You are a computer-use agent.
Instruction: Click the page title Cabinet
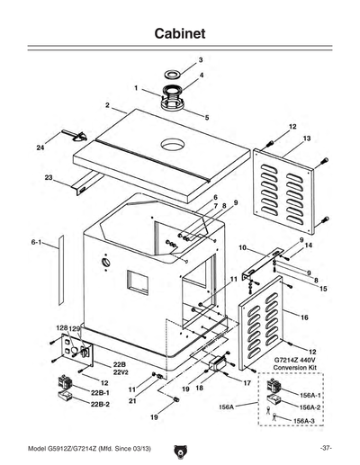pos(179,32)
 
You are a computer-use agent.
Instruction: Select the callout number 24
pos(40,147)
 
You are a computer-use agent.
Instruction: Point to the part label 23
pos(49,177)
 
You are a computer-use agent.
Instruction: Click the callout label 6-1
pos(37,242)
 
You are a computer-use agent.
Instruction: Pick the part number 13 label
pos(307,139)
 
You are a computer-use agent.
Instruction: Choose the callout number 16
pos(304,317)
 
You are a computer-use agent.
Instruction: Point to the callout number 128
pos(63,327)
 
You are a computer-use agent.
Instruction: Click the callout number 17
pos(246,382)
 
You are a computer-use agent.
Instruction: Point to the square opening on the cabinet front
pos(138,282)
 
